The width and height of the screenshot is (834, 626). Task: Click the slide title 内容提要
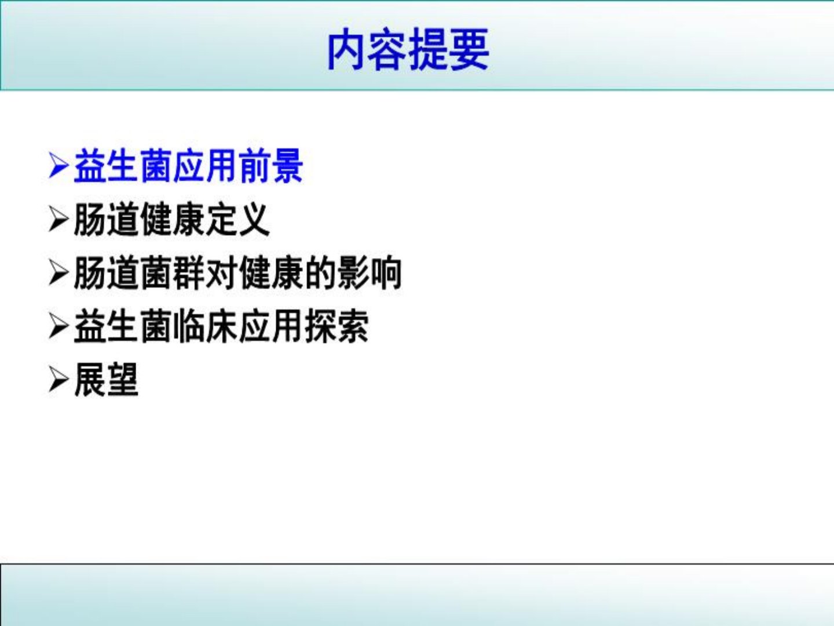[408, 49]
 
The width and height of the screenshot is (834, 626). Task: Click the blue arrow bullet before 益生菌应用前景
[59, 165]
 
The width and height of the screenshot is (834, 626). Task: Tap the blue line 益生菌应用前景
[188, 166]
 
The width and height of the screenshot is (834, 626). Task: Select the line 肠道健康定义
[172, 220]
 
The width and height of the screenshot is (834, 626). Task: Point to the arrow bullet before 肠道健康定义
[59, 219]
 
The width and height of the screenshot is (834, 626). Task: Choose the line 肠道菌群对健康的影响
[238, 273]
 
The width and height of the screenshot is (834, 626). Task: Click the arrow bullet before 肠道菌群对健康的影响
[59, 273]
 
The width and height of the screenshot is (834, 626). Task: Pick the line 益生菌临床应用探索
[221, 327]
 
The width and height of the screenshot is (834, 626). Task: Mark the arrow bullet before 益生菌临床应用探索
[59, 326]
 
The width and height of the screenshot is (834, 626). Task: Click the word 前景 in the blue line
[271, 166]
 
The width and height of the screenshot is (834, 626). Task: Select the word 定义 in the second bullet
[238, 220]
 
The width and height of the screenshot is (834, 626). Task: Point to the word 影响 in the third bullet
[370, 273]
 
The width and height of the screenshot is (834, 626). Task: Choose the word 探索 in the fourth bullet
[336, 327]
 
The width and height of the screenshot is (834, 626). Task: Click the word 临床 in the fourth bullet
[205, 327]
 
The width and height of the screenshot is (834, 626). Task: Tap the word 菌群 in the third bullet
[172, 273]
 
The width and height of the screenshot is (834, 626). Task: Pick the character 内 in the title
[347, 49]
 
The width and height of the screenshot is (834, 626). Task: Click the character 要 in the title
[470, 49]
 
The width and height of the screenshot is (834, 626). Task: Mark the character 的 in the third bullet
[320, 273]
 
